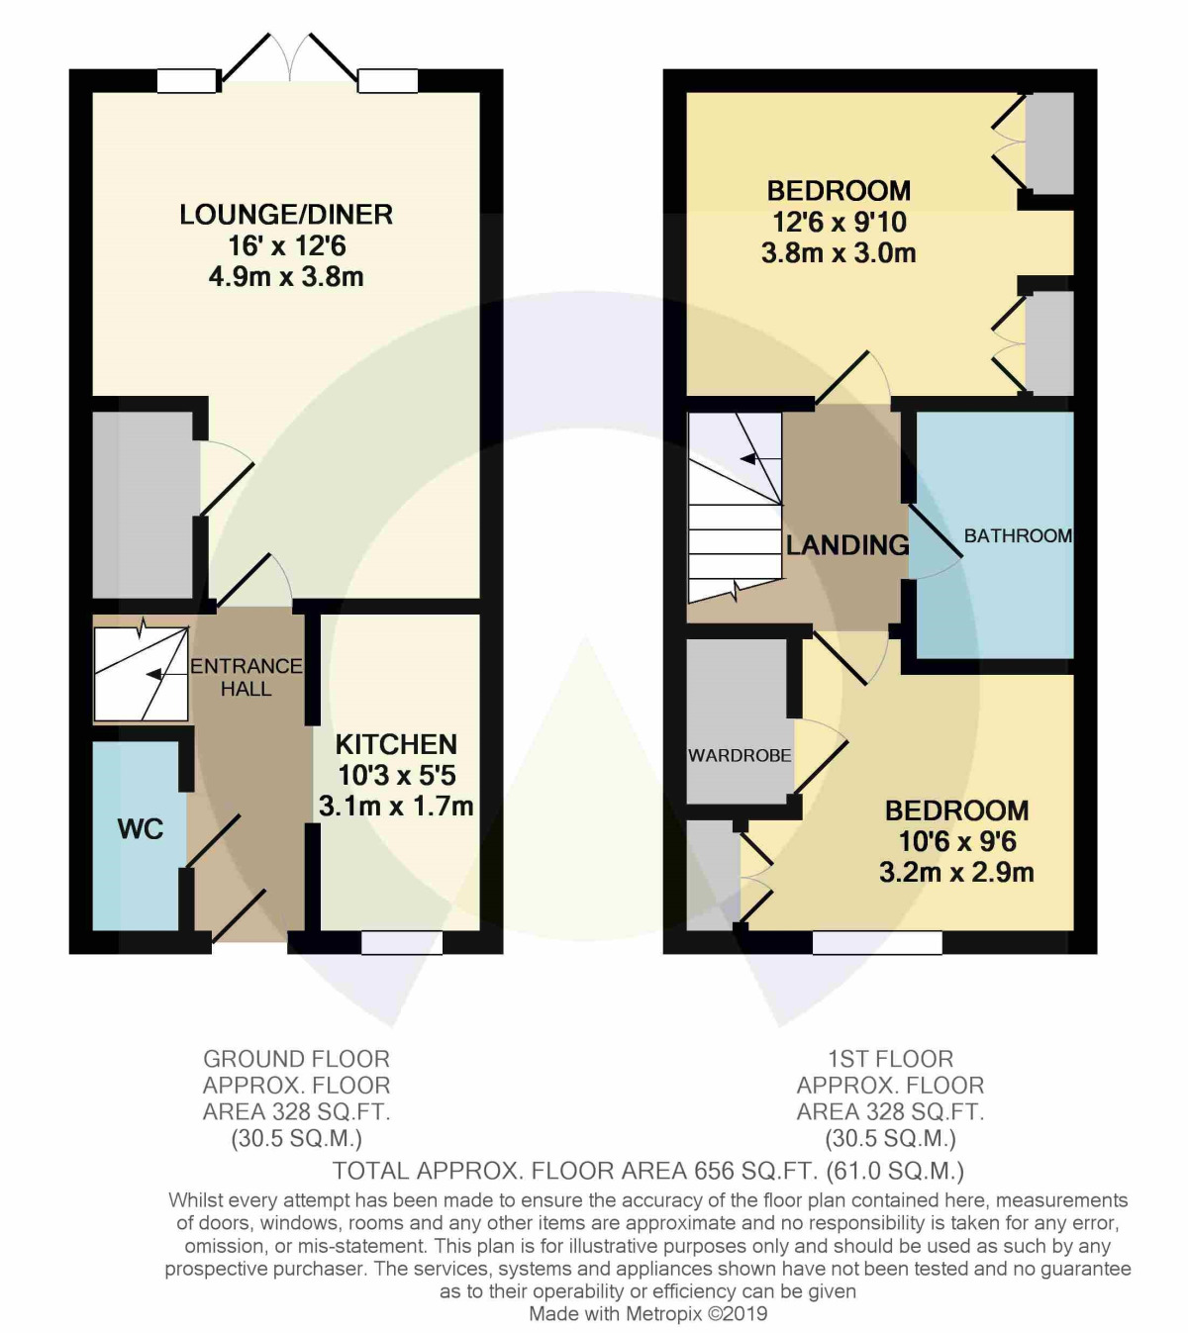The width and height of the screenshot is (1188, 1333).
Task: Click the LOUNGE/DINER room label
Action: (285, 215)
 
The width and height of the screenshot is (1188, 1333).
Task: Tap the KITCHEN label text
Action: (396, 744)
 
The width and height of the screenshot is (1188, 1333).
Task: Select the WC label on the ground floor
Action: (141, 829)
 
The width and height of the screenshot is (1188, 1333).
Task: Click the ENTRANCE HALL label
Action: (246, 677)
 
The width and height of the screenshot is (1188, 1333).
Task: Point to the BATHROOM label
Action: (1017, 535)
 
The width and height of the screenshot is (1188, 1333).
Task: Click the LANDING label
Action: (847, 544)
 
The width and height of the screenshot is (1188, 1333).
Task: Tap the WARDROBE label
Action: (740, 755)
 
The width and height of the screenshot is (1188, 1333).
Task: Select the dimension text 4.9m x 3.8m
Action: (285, 276)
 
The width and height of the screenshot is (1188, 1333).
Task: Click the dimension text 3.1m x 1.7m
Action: (396, 807)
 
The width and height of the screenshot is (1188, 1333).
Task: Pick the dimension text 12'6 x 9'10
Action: (839, 222)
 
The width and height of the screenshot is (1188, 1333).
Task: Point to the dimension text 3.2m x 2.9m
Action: (956, 872)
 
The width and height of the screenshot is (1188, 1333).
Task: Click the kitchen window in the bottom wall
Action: (401, 942)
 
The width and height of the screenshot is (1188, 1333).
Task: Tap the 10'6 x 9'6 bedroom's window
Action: (877, 942)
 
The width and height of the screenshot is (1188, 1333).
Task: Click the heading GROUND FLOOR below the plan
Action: (296, 1059)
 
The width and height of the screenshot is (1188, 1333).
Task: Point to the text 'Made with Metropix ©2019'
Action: (647, 1314)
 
